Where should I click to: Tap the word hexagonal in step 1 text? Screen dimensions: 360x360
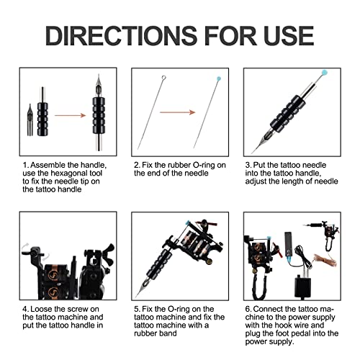[x=74, y=179]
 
